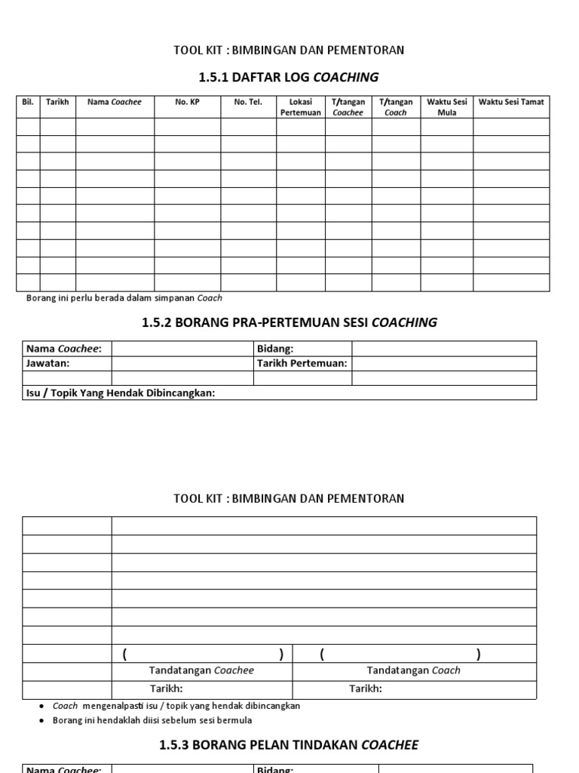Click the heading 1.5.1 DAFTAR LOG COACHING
[289, 77]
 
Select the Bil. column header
[28, 102]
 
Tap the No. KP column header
[187, 102]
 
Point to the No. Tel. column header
[248, 102]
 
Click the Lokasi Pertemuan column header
[300, 107]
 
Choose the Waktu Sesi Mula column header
[446, 107]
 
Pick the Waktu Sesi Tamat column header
[511, 102]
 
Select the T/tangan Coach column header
[395, 107]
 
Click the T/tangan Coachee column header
[348, 107]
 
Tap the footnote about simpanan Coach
[124, 298]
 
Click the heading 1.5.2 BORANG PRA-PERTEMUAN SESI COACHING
[289, 322]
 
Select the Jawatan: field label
[48, 363]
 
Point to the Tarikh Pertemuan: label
[302, 363]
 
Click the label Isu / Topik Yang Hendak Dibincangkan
[121, 393]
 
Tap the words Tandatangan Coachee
[201, 670]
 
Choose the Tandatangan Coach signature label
[413, 670]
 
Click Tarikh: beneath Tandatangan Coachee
[166, 688]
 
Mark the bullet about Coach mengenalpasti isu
[176, 706]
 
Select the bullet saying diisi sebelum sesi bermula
[163, 720]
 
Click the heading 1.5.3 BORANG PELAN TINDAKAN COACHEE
[289, 745]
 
